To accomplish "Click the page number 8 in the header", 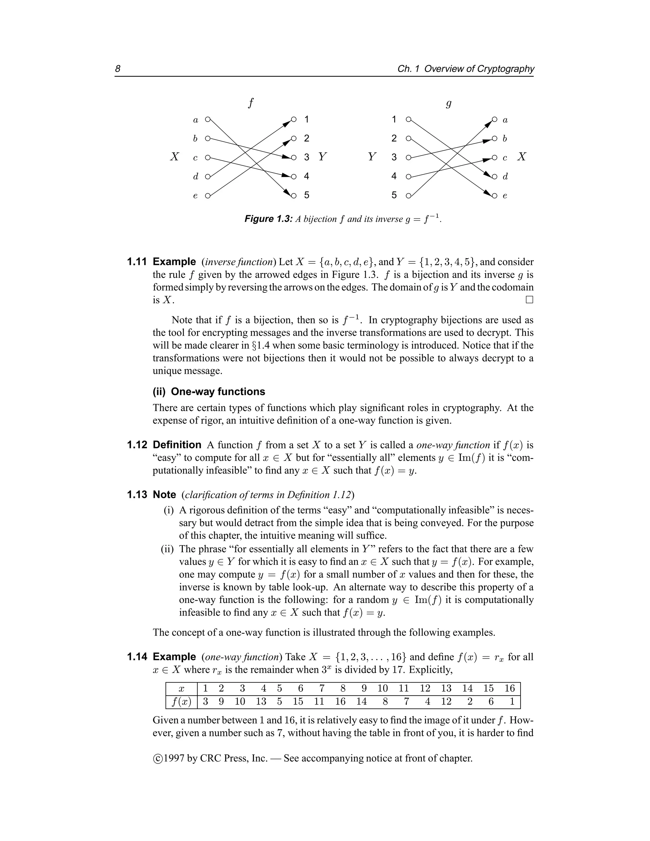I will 118,69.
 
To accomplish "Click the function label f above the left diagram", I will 251,103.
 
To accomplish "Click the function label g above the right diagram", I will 448,103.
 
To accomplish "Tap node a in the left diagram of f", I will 208,119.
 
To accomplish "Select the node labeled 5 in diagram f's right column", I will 294,195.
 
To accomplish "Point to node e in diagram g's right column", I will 495,195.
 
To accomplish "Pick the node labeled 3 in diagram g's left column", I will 408,157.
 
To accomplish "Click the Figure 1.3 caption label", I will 269,219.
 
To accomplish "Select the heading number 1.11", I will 137,262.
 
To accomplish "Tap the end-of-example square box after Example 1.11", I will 529,300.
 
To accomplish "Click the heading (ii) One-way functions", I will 209,392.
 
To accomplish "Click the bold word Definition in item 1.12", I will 177,445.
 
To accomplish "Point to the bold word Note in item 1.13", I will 164,495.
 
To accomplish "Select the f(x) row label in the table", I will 181,702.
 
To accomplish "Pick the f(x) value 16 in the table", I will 340,702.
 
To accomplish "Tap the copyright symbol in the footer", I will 157,758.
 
